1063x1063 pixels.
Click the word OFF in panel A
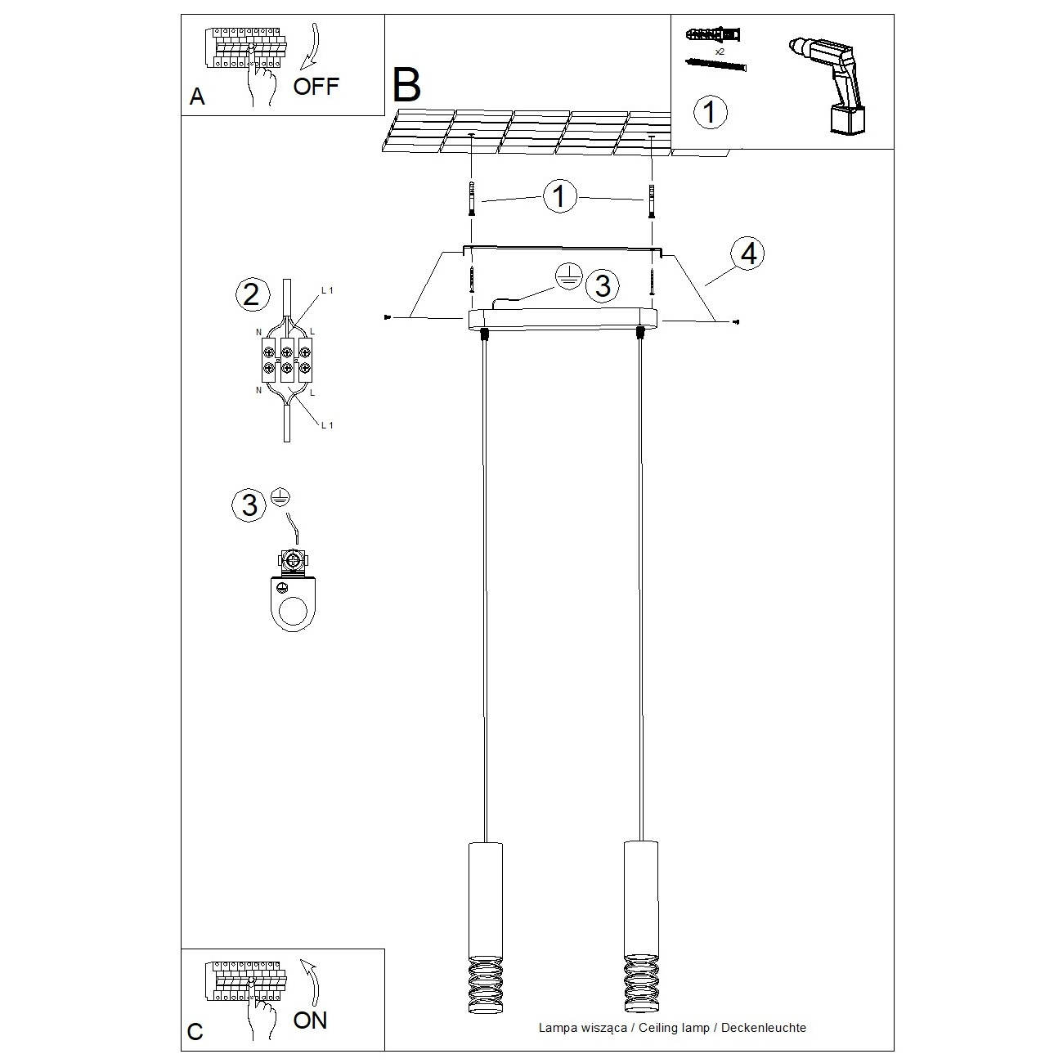click(x=315, y=86)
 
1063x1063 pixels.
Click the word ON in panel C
click(x=310, y=1020)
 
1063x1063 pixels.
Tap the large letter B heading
click(x=406, y=84)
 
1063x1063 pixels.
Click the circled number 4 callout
click(x=747, y=254)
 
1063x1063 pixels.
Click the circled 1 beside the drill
click(x=710, y=111)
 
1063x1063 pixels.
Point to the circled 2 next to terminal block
click(x=251, y=294)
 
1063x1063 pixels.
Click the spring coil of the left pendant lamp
click(x=484, y=985)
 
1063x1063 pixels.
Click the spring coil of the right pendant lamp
click(x=639, y=985)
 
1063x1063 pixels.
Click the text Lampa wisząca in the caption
click(x=583, y=1028)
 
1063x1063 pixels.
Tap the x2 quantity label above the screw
click(x=720, y=51)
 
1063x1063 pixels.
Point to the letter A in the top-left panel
click(x=196, y=97)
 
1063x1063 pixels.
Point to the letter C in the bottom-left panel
click(x=195, y=1032)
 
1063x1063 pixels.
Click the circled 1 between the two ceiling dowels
click(x=560, y=197)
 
